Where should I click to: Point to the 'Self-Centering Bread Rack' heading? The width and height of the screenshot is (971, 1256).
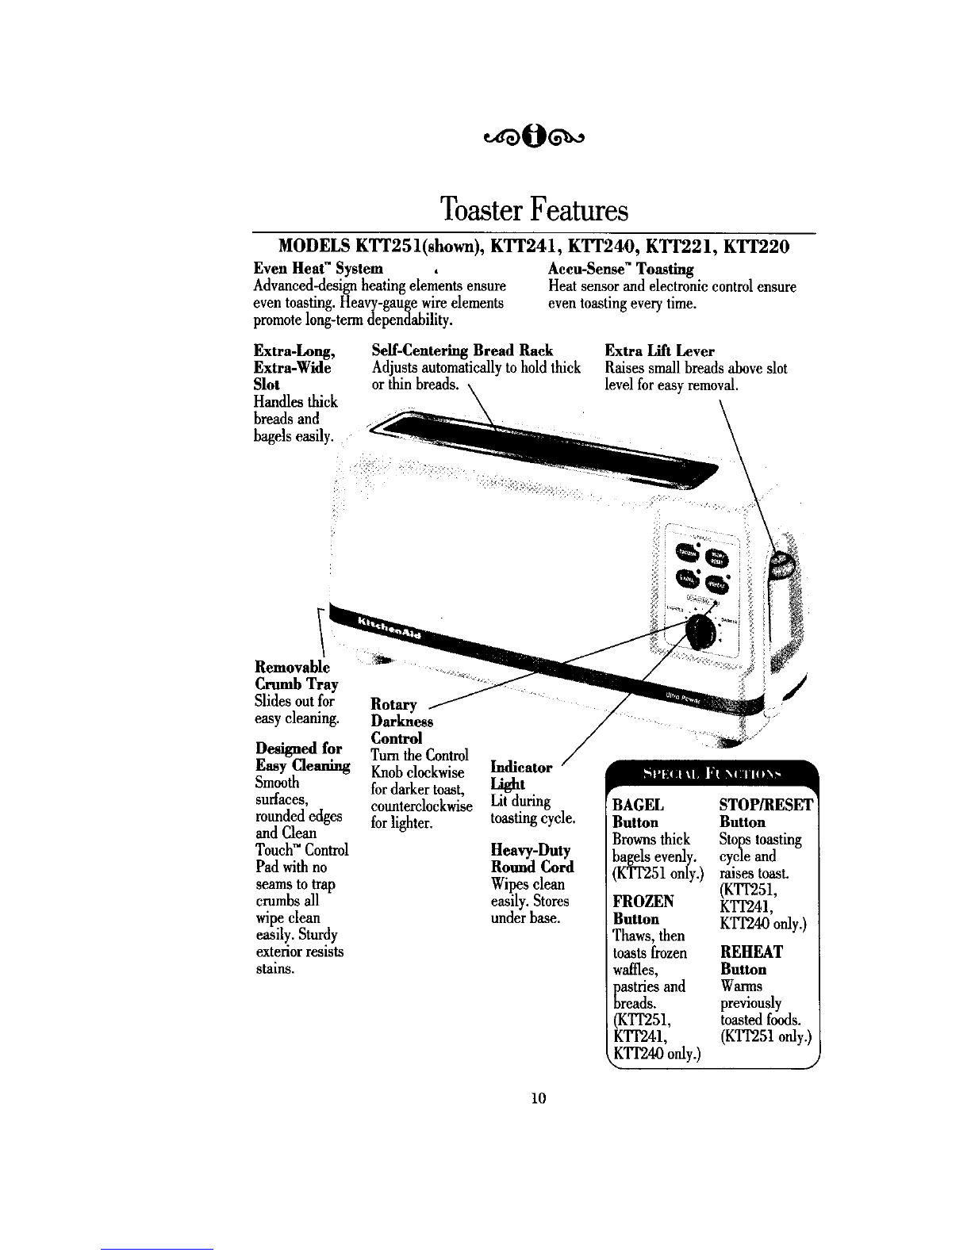click(x=462, y=350)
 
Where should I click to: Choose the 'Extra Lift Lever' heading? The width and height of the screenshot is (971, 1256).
click(x=659, y=350)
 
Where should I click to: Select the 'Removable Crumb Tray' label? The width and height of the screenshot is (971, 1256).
click(x=296, y=674)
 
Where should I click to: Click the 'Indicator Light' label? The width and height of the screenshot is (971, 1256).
click(x=521, y=775)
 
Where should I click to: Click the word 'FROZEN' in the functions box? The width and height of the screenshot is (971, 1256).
click(x=643, y=902)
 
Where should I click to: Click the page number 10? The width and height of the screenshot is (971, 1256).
click(x=539, y=1098)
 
